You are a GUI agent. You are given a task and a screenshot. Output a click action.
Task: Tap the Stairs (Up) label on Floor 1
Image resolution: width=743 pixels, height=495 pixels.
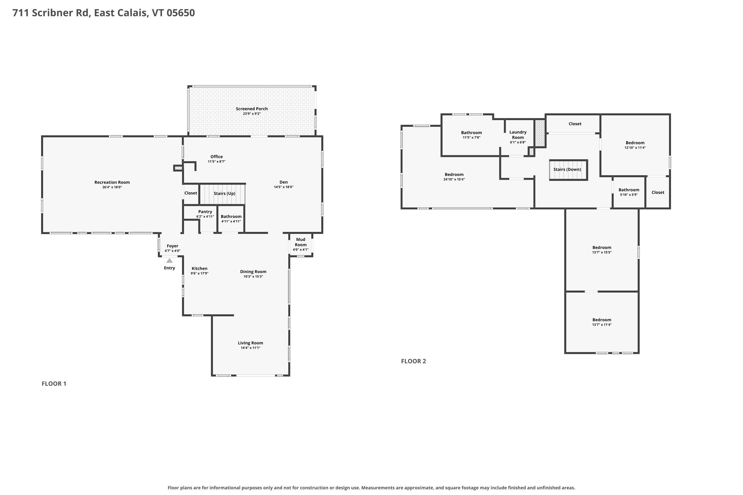coord(224,194)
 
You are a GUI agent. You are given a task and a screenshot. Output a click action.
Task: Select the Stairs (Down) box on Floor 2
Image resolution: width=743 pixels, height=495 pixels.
coord(568,170)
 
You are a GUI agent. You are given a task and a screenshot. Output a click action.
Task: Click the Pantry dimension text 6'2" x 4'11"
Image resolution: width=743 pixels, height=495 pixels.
coord(205,217)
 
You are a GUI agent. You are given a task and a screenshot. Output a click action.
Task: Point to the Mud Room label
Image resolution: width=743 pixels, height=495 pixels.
coord(301,242)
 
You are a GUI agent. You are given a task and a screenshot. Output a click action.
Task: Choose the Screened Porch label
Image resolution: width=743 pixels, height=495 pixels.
coord(252,109)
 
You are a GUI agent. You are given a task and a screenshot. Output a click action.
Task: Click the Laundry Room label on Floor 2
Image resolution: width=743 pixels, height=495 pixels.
coord(518,135)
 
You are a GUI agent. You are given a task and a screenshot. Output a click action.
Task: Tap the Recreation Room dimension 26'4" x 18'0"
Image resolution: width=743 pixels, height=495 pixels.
coord(112,187)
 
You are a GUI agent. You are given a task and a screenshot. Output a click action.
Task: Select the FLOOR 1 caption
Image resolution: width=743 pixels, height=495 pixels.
coord(54,384)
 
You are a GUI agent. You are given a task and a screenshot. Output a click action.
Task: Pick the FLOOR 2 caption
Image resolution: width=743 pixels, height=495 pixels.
coord(414,361)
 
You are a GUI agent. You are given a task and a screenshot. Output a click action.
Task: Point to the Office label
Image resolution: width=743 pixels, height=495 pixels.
coord(216,157)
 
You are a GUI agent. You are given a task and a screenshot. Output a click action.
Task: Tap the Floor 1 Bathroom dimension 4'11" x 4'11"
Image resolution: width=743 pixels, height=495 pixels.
coord(231,221)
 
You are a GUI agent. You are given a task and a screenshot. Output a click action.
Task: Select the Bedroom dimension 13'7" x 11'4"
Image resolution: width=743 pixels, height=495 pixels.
coord(602,324)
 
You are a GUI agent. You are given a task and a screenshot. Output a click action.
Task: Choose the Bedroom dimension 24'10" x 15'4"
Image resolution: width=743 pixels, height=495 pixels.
coord(454,179)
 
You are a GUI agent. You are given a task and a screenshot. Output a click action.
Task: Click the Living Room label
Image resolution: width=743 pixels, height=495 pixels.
coord(250,343)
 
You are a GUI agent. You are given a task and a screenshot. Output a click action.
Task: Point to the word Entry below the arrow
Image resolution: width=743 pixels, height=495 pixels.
coord(169,268)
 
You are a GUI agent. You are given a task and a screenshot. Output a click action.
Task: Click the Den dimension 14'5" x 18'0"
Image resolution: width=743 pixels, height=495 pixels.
coord(283,187)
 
